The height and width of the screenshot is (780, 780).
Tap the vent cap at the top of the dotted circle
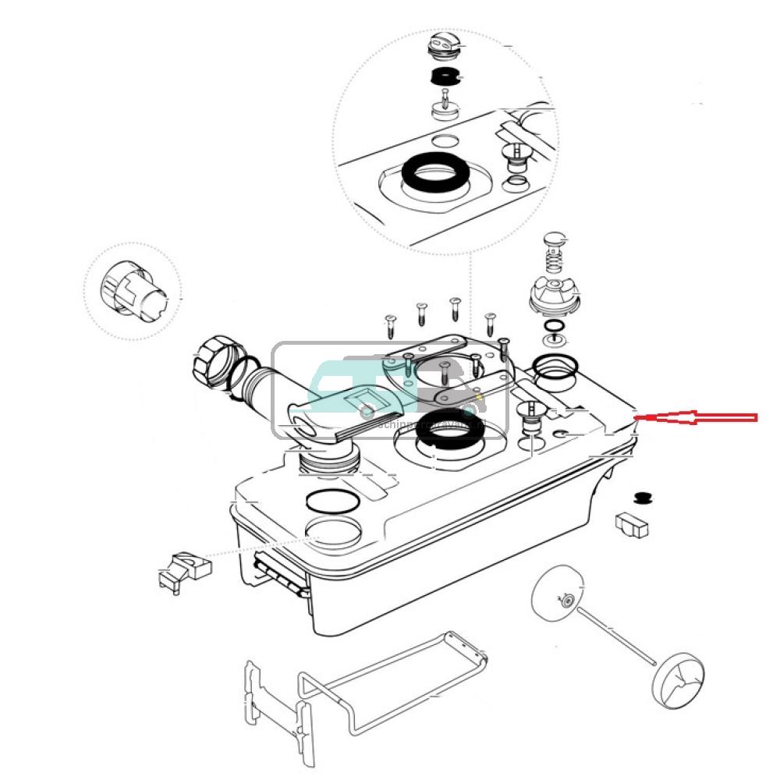point(443,48)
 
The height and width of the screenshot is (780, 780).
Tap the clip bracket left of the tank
point(185,569)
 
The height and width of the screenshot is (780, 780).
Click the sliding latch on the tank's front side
point(279,573)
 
